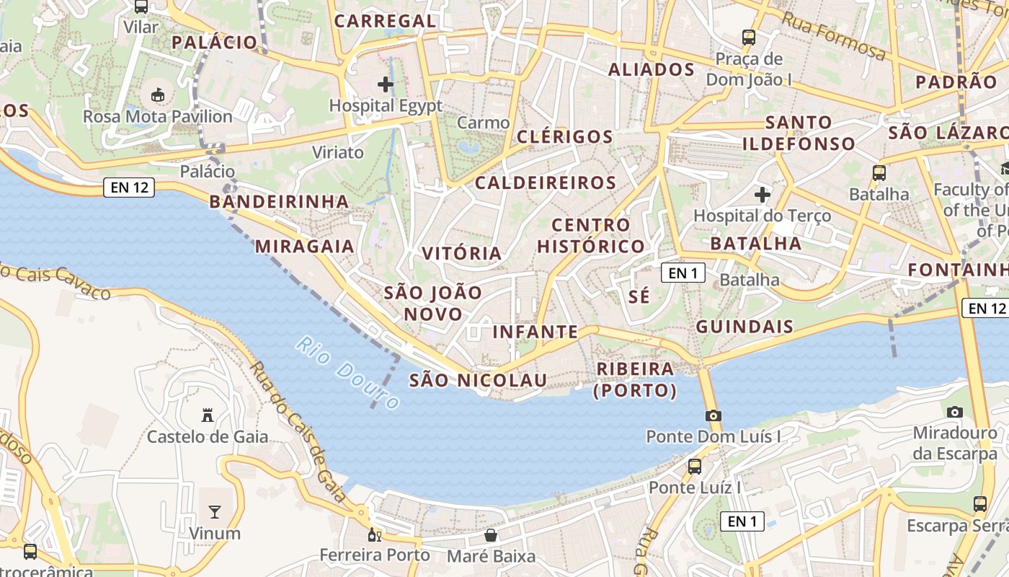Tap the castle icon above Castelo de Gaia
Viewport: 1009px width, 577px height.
point(208,415)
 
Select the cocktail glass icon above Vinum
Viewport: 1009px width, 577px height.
point(215,512)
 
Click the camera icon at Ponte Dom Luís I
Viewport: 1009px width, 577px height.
point(714,415)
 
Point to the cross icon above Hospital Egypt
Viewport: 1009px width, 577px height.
point(386,84)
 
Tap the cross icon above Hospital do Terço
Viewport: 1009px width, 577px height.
point(763,194)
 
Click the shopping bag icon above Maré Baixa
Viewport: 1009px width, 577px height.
point(491,535)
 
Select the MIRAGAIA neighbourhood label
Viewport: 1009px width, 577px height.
point(305,247)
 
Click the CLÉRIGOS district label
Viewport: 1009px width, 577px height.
point(565,137)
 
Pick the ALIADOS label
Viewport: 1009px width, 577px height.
point(652,70)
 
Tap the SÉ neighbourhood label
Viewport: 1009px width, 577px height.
point(639,296)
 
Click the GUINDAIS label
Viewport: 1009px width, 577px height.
point(744,327)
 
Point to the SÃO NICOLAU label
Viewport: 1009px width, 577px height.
point(478,380)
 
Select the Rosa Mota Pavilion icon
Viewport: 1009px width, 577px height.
point(157,94)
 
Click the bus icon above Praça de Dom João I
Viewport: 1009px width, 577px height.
point(749,37)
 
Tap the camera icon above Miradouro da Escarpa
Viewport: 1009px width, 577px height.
point(955,412)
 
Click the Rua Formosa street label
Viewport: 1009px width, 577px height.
point(833,36)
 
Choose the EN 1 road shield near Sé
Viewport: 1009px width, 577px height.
point(683,273)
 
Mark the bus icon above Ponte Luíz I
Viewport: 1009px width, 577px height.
point(695,466)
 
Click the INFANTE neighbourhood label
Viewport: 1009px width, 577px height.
point(535,332)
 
